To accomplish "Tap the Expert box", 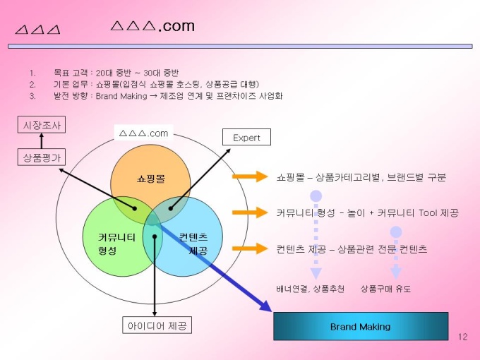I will (x=246, y=138).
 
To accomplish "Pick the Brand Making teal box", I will (x=360, y=326).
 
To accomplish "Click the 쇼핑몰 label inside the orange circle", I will (x=150, y=179).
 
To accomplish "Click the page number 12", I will (x=463, y=336).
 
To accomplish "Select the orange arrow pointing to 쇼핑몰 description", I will (x=246, y=176).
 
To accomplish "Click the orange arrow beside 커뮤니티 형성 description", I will (x=246, y=212).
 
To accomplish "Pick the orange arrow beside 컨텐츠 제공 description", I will (x=246, y=248).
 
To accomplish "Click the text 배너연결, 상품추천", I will (x=310, y=289).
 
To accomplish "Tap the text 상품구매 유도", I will (x=385, y=289).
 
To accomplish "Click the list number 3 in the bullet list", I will (x=32, y=96).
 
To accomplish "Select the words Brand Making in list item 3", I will (x=121, y=96).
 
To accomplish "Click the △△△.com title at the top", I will (x=153, y=27).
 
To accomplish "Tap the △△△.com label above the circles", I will (x=143, y=133).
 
